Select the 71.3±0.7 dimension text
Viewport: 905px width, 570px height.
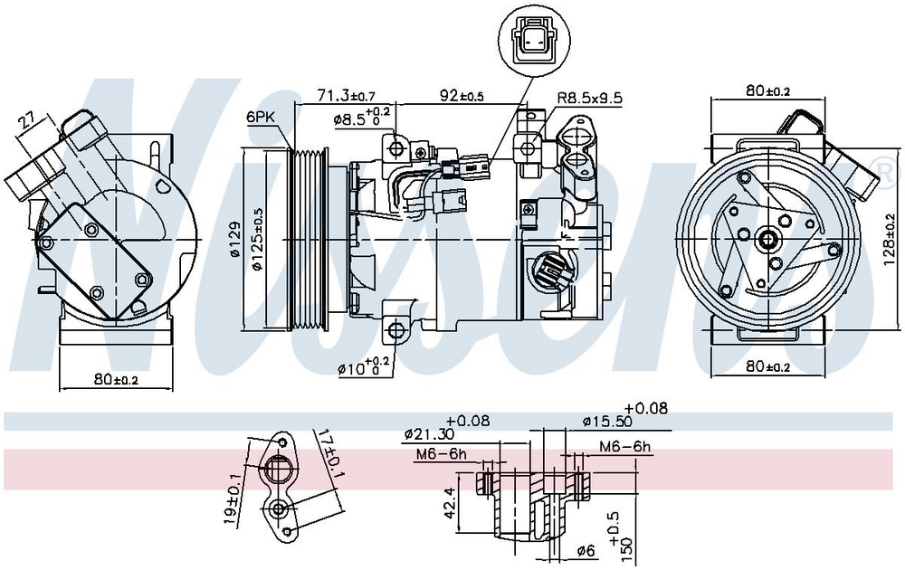pyautogui.click(x=346, y=95)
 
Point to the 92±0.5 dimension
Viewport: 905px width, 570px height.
pyautogui.click(x=462, y=95)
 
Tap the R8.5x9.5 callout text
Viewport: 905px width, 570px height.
pyautogui.click(x=589, y=98)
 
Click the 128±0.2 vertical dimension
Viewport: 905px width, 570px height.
pyautogui.click(x=890, y=240)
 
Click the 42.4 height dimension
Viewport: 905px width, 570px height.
pyautogui.click(x=452, y=500)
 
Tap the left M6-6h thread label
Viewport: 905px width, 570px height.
pyautogui.click(x=441, y=454)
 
